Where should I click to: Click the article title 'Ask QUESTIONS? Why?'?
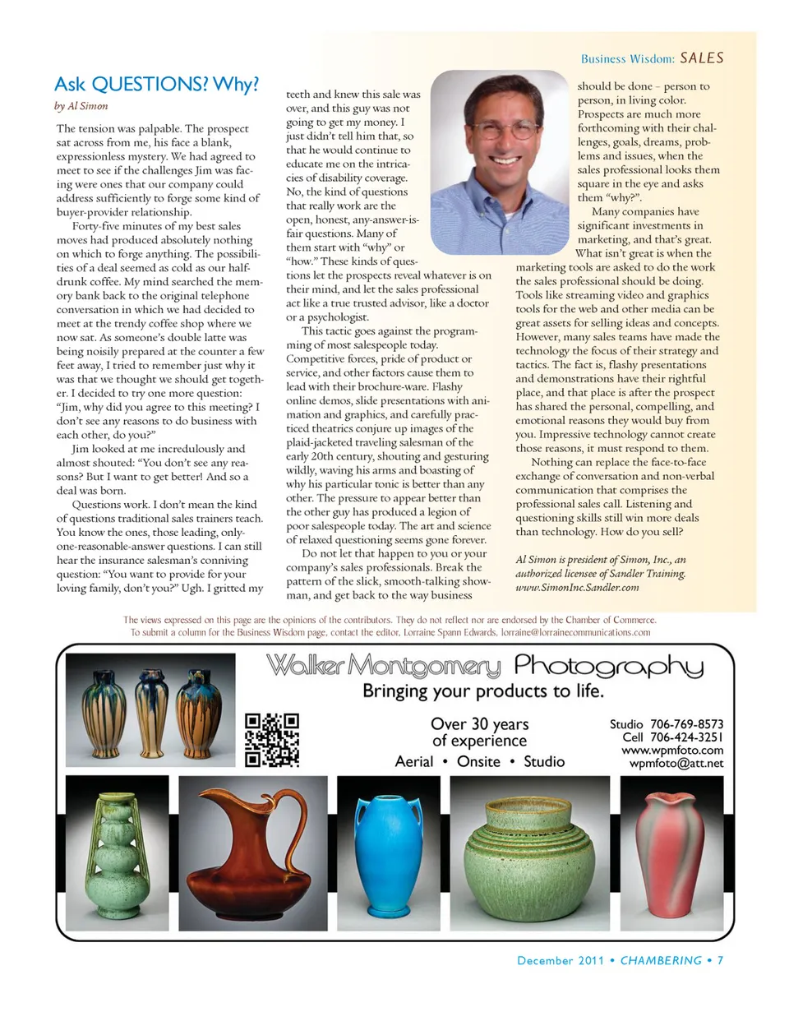[x=156, y=85]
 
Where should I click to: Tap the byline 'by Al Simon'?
[x=81, y=106]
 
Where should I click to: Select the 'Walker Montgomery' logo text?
[x=383, y=665]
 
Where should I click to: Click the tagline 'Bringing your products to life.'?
[x=483, y=691]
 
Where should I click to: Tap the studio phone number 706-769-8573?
[x=686, y=724]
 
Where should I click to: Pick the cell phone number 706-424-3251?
[x=686, y=737]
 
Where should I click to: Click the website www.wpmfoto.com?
[x=671, y=751]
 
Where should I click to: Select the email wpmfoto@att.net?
[x=676, y=764]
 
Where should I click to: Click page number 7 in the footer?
[x=720, y=960]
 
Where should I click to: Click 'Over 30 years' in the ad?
[x=479, y=724]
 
